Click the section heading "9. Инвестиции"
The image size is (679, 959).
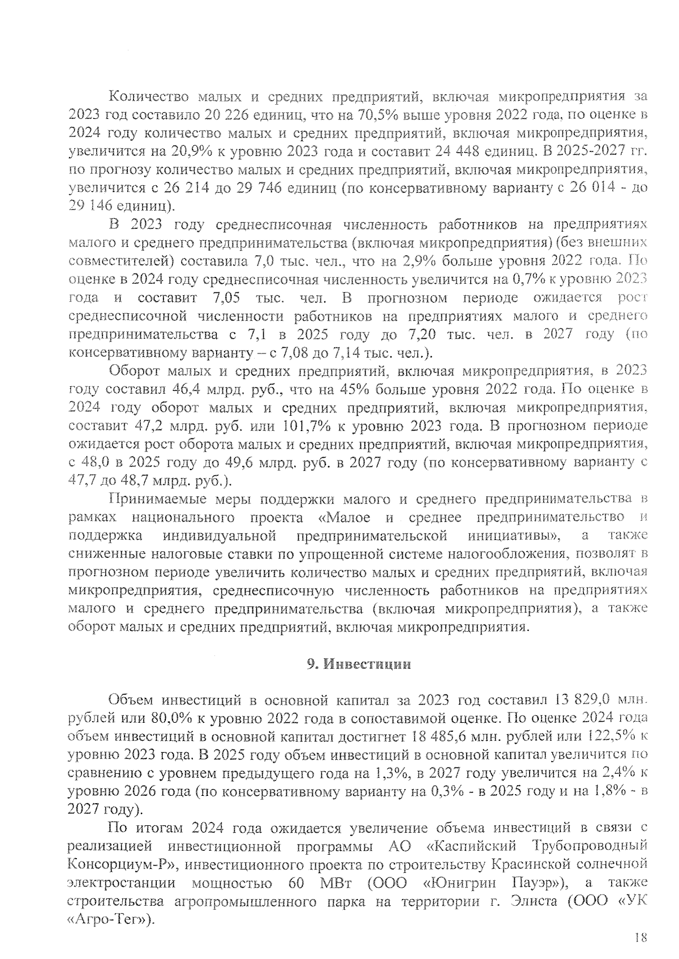pyautogui.click(x=359, y=664)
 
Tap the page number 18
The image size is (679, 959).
pyautogui.click(x=640, y=937)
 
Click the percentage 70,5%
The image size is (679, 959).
pyautogui.click(x=376, y=115)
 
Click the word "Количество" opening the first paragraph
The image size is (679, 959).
pyautogui.click(x=144, y=97)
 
